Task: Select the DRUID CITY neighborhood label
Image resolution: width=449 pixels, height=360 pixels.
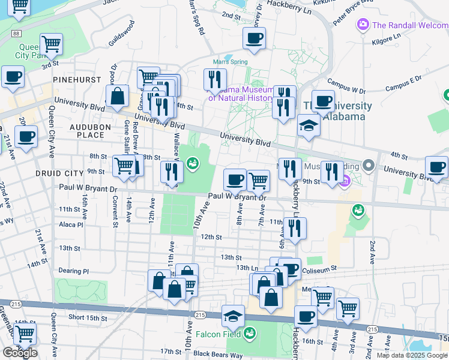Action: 61,173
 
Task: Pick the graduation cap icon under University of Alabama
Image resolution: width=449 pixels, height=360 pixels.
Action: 309,126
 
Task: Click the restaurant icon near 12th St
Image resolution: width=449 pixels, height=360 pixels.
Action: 295,228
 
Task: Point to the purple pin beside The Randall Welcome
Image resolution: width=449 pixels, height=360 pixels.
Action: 363,25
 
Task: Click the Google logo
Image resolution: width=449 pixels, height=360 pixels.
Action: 20,353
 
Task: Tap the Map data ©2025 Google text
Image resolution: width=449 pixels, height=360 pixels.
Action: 412,355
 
